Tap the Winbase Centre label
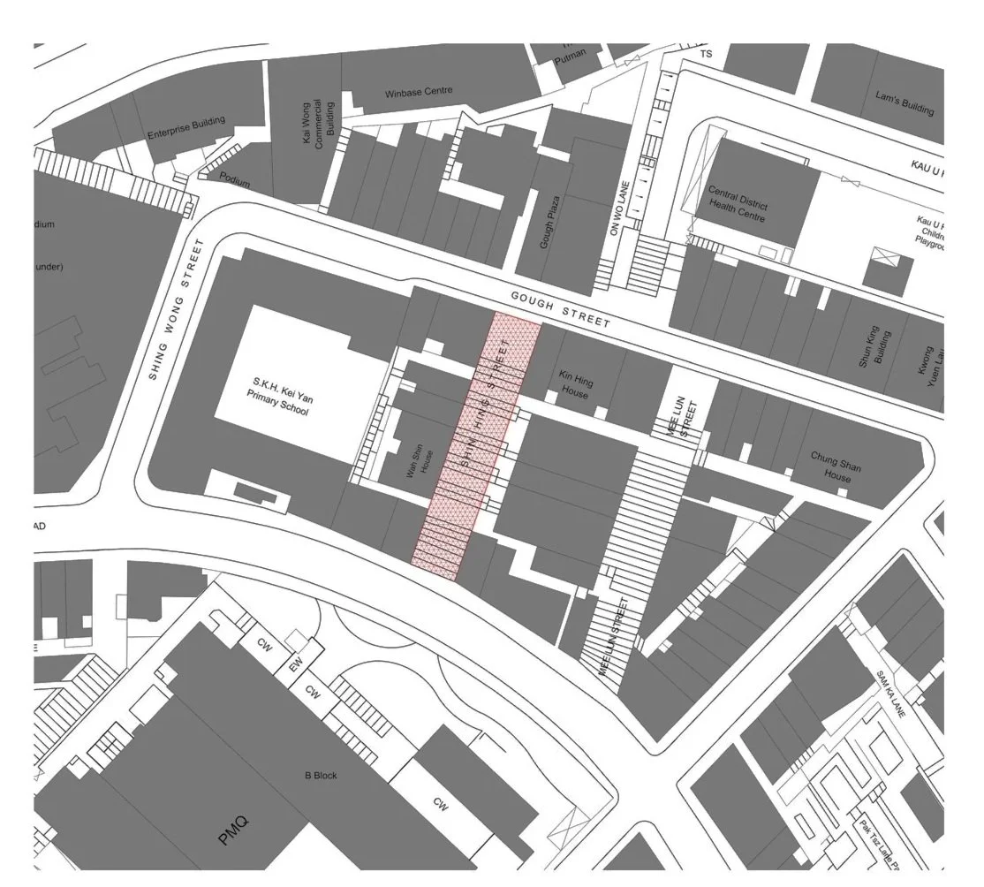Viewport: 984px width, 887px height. pos(419,92)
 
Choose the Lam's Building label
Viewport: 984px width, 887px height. pos(904,103)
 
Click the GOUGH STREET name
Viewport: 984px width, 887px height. pos(562,312)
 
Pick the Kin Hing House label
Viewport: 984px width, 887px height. pos(575,384)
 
